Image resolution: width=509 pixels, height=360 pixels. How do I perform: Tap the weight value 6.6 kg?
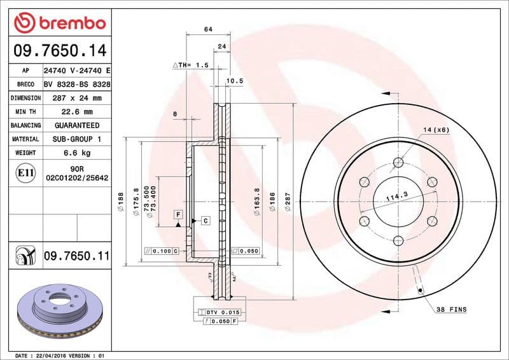click(x=77, y=153)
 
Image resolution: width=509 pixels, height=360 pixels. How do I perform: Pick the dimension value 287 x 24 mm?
click(x=77, y=99)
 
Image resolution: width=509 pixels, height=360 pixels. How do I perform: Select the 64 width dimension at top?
click(x=208, y=29)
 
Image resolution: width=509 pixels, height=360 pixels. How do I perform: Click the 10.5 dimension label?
click(x=235, y=81)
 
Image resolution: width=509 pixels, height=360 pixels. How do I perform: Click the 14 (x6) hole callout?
click(x=436, y=130)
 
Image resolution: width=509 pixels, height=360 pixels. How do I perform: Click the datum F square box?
click(x=179, y=214)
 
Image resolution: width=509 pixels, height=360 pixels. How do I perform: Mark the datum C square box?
click(x=206, y=221)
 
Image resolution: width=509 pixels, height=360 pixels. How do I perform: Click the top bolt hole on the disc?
click(x=398, y=162)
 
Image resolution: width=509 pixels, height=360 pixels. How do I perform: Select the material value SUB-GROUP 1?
click(x=77, y=139)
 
